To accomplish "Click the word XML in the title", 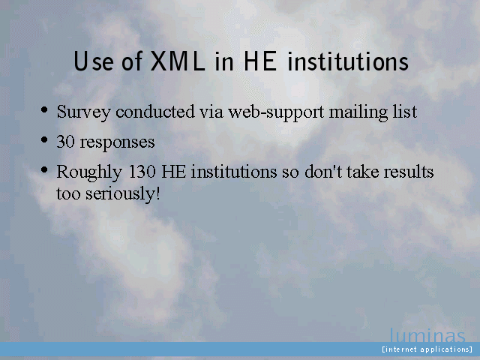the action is pos(178,61).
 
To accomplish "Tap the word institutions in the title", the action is pos(348,61).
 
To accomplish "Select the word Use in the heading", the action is pos(94,61).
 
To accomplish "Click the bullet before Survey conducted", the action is pos(44,109).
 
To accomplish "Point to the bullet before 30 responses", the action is pos(44,139).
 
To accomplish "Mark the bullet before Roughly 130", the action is pos(44,169).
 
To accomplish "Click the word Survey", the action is pos(83,112).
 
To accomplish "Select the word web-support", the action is pos(276,112).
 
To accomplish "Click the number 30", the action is pos(65,142).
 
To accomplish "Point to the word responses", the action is pos(117,143).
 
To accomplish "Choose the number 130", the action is pos(142,172).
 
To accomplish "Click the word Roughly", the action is pos(89,172).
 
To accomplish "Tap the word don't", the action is pos(323,172).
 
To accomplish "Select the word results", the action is pos(409,172).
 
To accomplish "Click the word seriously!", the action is pos(122,194).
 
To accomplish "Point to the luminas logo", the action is pos(427,335).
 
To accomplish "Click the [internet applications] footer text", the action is pos(427,349).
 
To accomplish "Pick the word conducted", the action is pos(155,112).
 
